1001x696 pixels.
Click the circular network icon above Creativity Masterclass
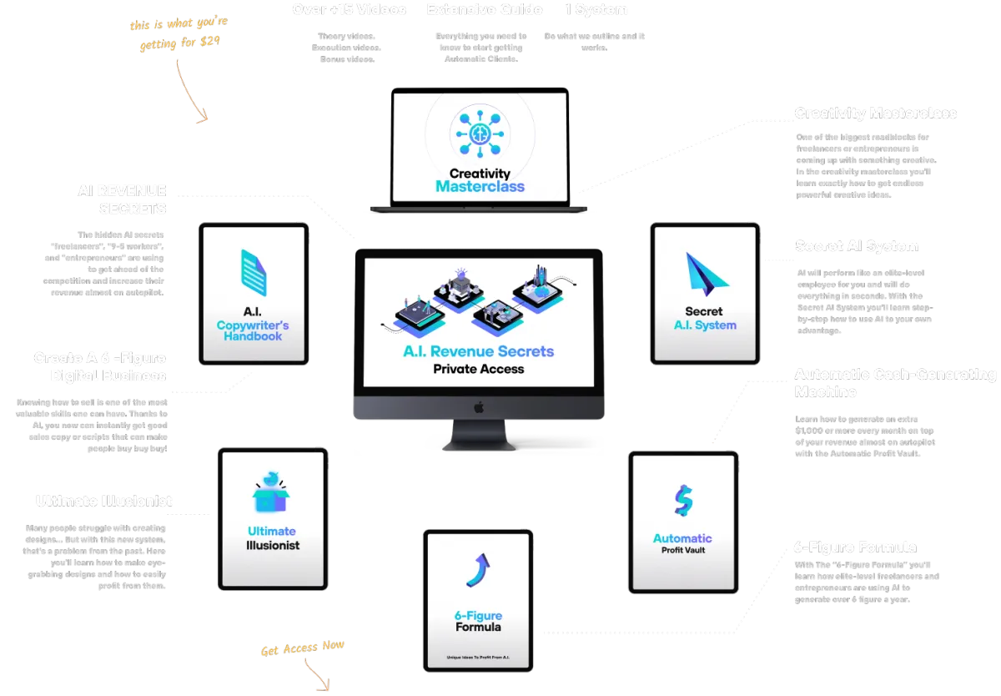click(480, 132)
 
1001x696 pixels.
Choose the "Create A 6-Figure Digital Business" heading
click(100, 366)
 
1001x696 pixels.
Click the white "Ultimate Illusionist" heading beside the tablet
click(103, 501)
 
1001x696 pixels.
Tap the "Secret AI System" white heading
click(857, 246)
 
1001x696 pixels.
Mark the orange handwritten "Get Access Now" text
click(302, 648)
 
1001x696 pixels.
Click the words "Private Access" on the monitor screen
click(478, 368)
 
